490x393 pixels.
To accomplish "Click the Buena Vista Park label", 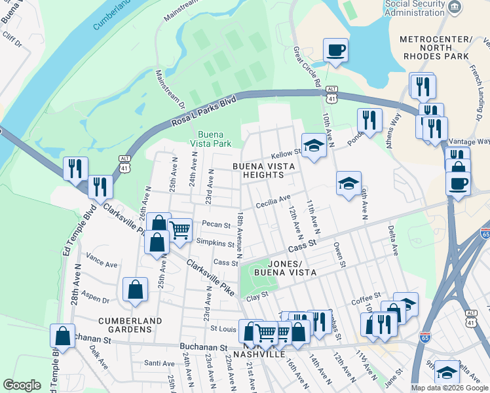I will tap(210, 138).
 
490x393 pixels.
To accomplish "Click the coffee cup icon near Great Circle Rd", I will tap(335, 50).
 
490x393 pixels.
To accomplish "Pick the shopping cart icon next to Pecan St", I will tap(179, 229).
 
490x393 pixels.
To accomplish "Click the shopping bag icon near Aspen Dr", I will tap(134, 290).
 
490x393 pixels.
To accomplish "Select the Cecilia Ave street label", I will tap(273, 200).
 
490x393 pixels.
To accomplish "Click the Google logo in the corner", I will tap(22, 385).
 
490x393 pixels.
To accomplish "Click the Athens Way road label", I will tap(396, 128).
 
